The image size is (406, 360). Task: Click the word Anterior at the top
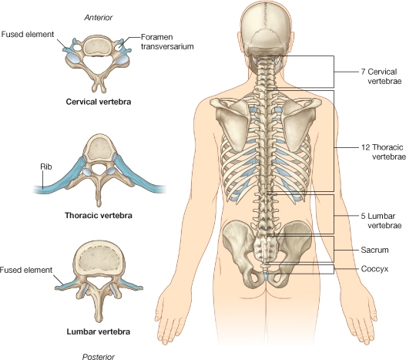pos(99,18)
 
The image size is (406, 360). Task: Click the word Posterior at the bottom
pos(99,357)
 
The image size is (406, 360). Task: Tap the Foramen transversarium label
pos(167,42)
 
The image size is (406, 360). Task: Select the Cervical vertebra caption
pos(99,102)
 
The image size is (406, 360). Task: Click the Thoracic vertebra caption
pos(99,215)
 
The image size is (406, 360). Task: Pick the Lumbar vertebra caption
pos(99,331)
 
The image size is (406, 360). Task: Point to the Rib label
pos(46,167)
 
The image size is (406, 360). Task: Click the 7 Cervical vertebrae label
pos(381,76)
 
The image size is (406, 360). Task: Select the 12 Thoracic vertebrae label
pos(384,152)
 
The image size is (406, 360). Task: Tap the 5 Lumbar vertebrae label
pos(381,220)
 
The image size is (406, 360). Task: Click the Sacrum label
pos(374,250)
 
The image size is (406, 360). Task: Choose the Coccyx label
pos(374,269)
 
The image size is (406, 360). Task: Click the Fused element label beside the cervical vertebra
pos(28,34)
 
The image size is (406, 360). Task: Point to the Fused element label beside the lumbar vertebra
pos(26,270)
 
